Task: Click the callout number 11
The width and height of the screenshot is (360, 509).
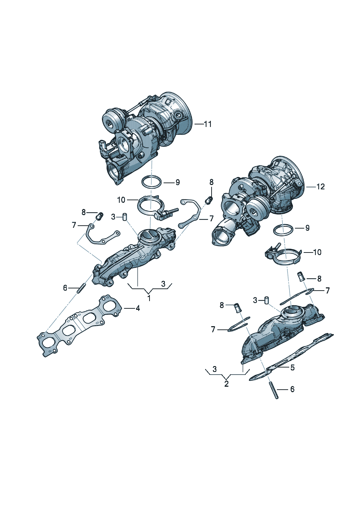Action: (x=208, y=124)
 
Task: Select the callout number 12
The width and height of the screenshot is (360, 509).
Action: (x=320, y=186)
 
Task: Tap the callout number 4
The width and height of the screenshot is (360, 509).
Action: (x=138, y=308)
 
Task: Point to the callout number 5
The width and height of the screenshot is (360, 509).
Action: (x=292, y=367)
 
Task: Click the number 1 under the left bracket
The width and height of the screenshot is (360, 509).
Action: (x=149, y=298)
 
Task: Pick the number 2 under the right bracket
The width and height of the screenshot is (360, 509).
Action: (x=226, y=384)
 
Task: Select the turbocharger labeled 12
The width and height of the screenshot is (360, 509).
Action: (x=258, y=200)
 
